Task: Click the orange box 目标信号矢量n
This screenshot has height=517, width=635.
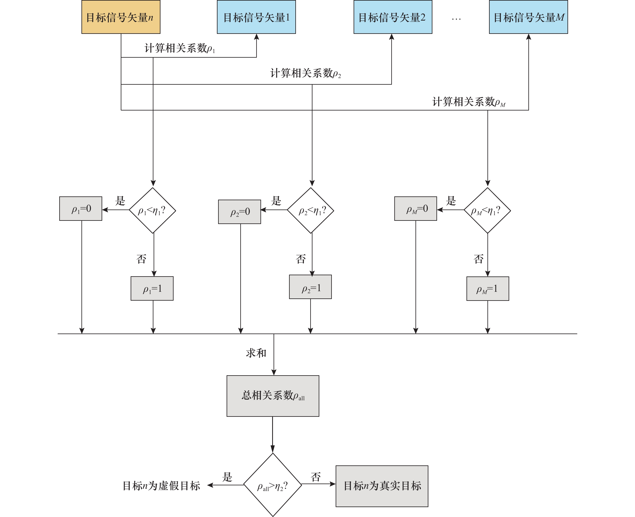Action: [121, 17]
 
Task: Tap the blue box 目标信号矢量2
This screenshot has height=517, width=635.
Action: [393, 17]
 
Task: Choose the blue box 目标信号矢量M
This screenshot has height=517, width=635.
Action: [528, 17]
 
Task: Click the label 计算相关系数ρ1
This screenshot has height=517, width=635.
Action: [180, 48]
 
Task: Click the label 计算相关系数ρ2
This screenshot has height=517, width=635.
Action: [305, 73]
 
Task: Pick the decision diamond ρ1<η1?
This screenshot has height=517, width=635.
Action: [152, 210]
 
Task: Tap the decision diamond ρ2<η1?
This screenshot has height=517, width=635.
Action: [310, 210]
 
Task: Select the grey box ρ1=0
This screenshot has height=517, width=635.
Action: [81, 208]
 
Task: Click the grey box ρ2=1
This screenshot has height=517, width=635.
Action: [310, 287]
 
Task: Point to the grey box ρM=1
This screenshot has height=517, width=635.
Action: [487, 289]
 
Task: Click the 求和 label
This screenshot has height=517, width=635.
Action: [256, 353]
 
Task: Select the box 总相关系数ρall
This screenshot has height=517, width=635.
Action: [273, 396]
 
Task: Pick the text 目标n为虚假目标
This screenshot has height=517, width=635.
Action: [161, 486]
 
